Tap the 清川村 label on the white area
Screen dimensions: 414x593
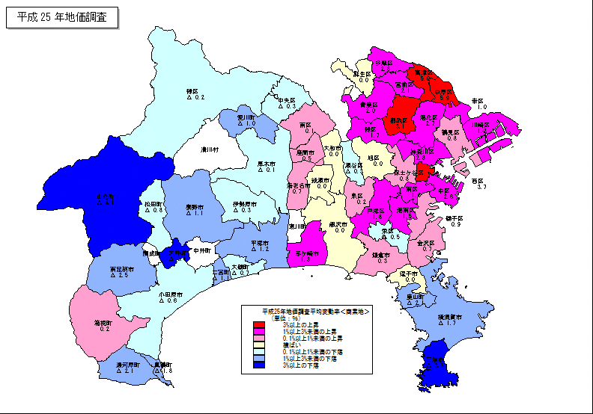[208, 149]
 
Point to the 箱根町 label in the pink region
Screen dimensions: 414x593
[102, 324]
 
